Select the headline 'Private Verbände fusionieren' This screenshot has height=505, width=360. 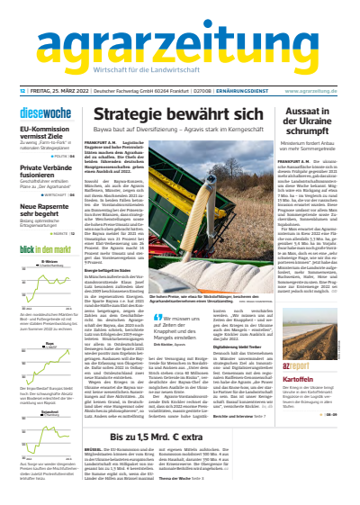45,172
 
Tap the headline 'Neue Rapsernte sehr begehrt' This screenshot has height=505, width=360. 45,210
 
